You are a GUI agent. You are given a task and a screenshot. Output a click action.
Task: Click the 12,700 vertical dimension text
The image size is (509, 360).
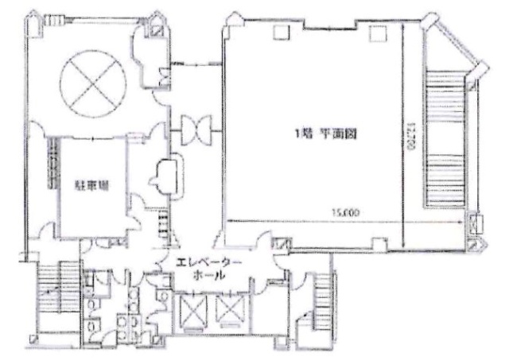pyautogui.click(x=412, y=143)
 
